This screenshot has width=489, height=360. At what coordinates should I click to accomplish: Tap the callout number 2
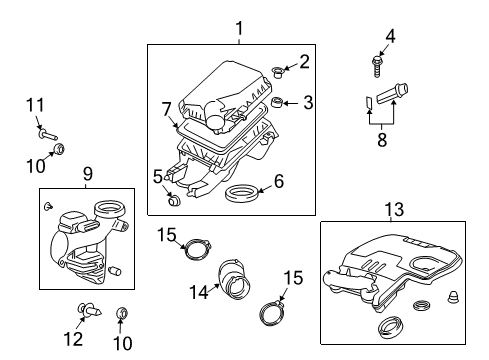coord(304,62)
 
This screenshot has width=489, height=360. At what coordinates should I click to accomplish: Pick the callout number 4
coord(391,37)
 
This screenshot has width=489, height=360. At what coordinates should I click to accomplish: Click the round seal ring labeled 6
coord(241,191)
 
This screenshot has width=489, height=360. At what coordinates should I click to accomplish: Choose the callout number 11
coord(35,104)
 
